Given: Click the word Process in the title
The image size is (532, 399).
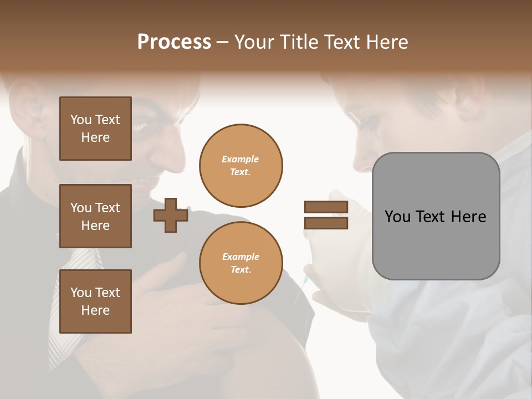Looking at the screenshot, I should [x=174, y=42].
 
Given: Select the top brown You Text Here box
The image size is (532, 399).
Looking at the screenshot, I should [x=95, y=129].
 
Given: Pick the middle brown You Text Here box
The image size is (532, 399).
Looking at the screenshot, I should [x=95, y=216].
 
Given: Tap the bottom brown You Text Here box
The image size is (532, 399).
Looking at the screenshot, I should [x=95, y=301].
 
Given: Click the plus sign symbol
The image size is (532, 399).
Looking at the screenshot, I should [x=171, y=216].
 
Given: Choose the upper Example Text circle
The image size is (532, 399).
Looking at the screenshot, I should [x=241, y=166].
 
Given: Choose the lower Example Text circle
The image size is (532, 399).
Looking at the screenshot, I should [x=241, y=263].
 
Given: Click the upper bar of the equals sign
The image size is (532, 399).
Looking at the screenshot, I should [x=326, y=207].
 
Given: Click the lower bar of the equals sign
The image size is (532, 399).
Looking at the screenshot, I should [x=326, y=223].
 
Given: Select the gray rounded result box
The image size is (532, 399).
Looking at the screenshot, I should [x=436, y=216].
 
